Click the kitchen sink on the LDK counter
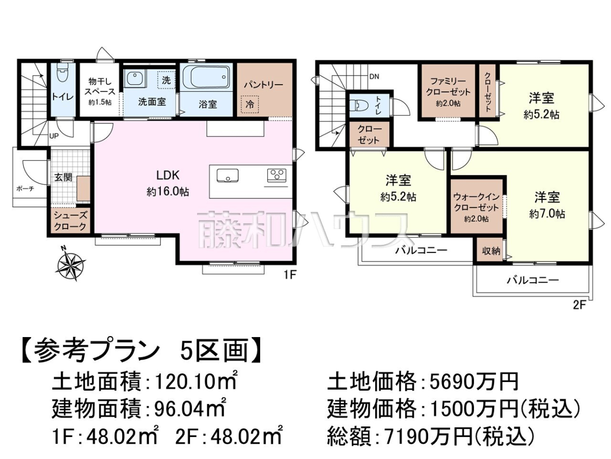click(x=228, y=175)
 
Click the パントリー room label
click(x=263, y=85)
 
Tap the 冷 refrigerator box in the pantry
click(x=249, y=105)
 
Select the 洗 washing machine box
click(x=166, y=80)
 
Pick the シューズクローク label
click(x=70, y=221)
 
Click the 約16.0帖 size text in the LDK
click(x=168, y=192)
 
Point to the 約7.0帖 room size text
click(x=547, y=214)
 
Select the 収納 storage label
click(x=491, y=251)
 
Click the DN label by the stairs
click(x=374, y=76)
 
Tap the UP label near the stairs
click(x=54, y=137)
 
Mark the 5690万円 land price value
click(x=474, y=382)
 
